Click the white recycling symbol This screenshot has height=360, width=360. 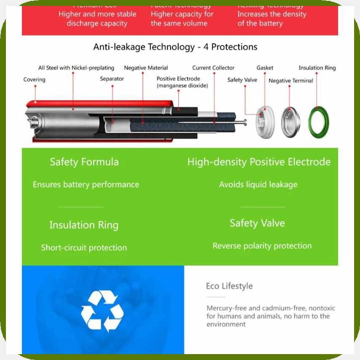coord(102,311)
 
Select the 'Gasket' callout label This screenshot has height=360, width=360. coord(265,68)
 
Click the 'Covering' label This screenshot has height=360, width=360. coord(34,80)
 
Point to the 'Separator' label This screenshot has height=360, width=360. coord(112,79)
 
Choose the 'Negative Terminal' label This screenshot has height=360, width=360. coord(291,81)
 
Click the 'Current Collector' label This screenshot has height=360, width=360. coord(213,68)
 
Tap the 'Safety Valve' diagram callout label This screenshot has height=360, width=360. coord(242,80)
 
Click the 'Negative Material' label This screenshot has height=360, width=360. coord(146,68)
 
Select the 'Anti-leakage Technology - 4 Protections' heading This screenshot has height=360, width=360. coord(175,46)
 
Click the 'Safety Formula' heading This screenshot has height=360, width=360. coord(84,162)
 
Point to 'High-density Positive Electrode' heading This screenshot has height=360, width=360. coord(259,162)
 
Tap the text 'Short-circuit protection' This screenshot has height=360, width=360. coord(84,247)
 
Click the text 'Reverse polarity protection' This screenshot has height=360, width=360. coord(262,246)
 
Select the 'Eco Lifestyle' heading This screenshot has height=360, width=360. coord(229,286)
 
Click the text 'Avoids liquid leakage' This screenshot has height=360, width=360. coord(258,184)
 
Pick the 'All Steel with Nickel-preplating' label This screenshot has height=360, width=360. coord(76,68)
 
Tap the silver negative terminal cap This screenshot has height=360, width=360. coord(291,122)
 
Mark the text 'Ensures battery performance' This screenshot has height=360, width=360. coord(86,184)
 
